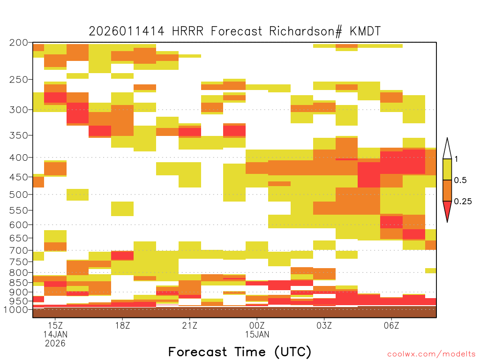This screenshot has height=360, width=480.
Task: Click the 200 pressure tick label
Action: (19, 43)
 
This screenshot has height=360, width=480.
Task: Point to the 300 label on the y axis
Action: (19, 110)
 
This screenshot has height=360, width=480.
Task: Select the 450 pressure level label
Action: (19, 177)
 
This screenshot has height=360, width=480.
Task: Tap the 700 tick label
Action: (19, 251)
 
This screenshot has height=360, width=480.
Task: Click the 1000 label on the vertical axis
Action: (15, 310)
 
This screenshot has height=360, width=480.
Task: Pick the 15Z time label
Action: (55, 325)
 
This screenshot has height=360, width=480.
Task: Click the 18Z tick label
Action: (122, 325)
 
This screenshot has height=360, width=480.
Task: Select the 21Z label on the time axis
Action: (190, 325)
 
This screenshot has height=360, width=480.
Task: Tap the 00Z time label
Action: (257, 325)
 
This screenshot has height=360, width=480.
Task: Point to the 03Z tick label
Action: (324, 325)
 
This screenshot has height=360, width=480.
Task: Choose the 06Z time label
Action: (391, 325)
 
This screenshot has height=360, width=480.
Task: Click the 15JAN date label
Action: (257, 334)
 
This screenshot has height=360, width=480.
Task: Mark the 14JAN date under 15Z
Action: (55, 334)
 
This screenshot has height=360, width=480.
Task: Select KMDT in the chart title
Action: (365, 31)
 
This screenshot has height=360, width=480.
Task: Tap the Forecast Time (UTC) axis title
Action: (240, 352)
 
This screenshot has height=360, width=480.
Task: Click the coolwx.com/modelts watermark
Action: (431, 354)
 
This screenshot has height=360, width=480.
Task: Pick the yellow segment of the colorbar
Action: (447, 169)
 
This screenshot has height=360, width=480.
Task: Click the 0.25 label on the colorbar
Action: (463, 202)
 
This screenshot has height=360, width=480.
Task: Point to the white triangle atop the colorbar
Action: (447, 149)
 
